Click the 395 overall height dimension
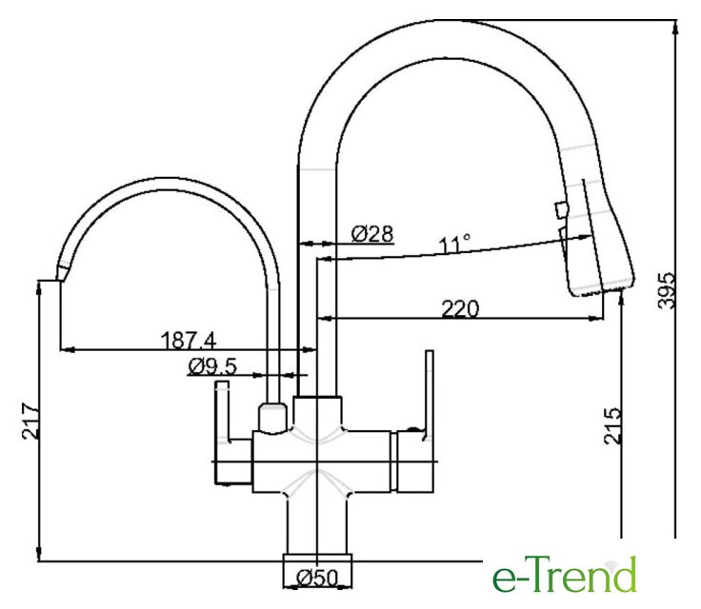pos(666,290)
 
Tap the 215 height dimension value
pos(612,425)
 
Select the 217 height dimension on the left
pos(30,421)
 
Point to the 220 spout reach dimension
pos(460,308)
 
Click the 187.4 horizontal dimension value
pos(189,341)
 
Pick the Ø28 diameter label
pos(372,234)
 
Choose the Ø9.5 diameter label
pos(212,367)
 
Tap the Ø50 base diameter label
pos(317,579)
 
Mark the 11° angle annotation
pos(454,245)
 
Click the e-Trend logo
pos(564,574)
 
